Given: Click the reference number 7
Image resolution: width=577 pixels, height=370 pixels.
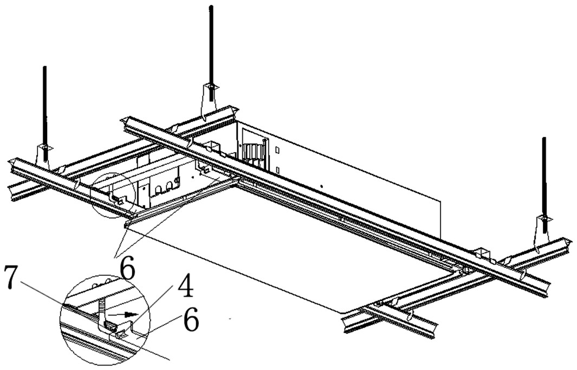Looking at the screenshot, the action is coord(11,277).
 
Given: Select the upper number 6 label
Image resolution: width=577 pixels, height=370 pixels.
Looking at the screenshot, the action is coord(127,270).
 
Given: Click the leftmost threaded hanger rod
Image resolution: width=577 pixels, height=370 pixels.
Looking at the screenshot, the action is coord(45,113).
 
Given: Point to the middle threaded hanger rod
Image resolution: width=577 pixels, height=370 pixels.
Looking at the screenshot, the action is coord(211,53).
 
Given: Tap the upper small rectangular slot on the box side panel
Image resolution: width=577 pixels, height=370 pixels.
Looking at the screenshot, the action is coord(278,151).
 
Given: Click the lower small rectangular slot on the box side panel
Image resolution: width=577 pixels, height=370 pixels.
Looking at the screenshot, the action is coord(278,170).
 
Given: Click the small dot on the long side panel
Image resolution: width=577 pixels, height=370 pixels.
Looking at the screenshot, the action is coord(321,186).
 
